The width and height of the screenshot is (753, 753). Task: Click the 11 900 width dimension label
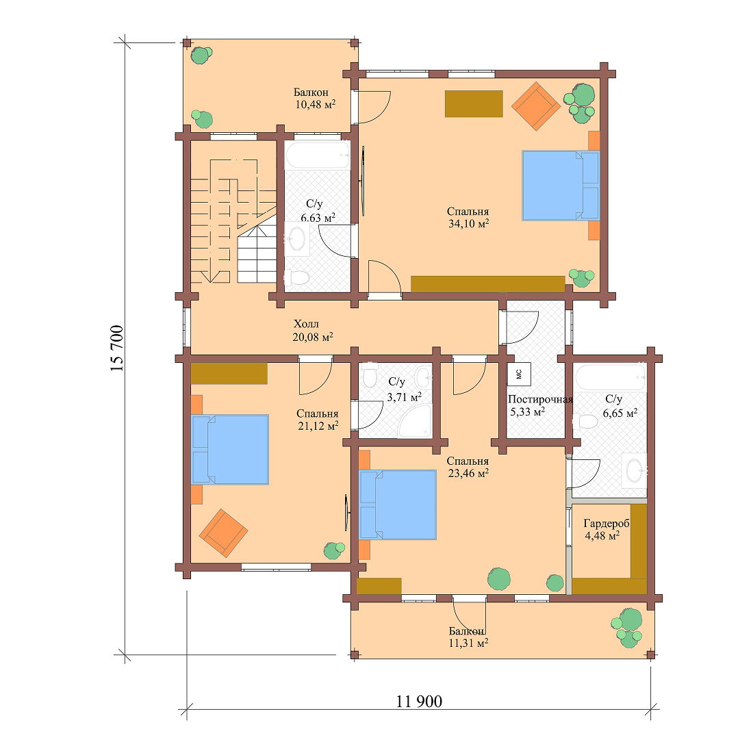419,702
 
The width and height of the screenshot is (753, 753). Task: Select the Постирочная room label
540,400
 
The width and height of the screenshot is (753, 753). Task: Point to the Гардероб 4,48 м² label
605,529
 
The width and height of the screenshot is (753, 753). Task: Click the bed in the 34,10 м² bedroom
561,186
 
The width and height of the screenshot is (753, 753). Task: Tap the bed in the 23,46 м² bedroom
398,505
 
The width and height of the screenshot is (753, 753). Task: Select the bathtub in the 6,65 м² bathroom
610,376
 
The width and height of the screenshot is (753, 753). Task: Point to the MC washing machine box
518,373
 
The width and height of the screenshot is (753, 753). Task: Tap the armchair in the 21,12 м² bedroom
222,532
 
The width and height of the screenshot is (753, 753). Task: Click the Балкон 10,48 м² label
314,99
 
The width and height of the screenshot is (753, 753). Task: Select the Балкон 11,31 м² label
468,637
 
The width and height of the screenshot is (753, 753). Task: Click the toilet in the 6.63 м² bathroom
298,277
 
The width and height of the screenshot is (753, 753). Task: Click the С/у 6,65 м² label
619,406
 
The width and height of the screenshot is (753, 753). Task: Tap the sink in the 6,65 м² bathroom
635,470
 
